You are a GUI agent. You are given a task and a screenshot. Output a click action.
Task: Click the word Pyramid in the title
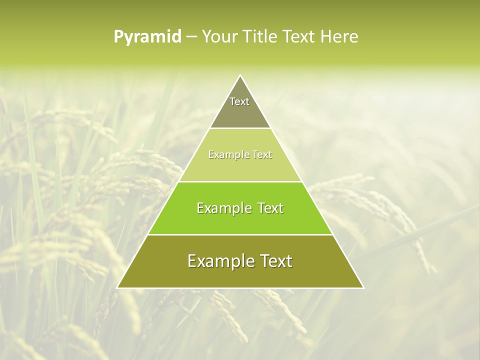(x=147, y=37)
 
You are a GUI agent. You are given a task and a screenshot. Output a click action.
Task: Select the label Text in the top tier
(x=239, y=101)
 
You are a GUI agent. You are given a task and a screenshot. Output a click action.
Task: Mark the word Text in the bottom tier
(x=274, y=261)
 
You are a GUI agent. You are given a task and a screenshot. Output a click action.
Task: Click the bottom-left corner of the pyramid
(x=117, y=287)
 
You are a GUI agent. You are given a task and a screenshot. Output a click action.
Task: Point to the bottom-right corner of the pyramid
(x=363, y=287)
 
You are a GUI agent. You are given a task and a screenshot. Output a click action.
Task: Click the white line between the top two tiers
(x=240, y=128)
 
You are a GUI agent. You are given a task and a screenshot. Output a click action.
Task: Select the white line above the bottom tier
(x=240, y=234)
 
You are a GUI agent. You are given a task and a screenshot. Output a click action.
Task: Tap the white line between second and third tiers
(x=240, y=181)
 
